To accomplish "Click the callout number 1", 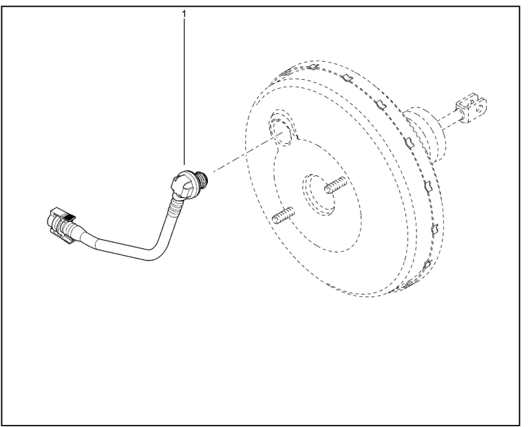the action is click(x=184, y=14).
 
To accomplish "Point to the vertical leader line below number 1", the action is click(x=184, y=92).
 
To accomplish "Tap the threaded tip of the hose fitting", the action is click(x=204, y=177).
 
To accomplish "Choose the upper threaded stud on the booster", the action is click(x=336, y=185).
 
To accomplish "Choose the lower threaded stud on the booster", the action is click(x=284, y=215).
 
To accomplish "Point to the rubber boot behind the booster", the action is click(x=426, y=133).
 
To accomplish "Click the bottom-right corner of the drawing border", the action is click(x=520, y=425).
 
